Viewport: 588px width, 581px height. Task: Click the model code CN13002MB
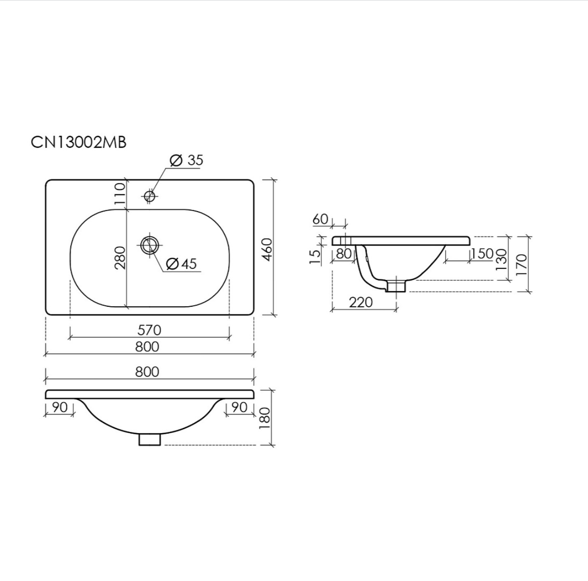[79, 143]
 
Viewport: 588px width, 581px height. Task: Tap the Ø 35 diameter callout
[186, 160]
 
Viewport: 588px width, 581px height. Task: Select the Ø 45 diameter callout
[182, 264]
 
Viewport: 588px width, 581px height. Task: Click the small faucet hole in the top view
[150, 195]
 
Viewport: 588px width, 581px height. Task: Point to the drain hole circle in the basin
[150, 245]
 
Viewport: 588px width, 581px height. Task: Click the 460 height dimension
[267, 249]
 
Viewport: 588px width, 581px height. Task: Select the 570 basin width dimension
[149, 330]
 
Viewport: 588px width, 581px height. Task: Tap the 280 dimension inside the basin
[120, 257]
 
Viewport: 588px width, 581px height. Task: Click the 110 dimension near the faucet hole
[120, 194]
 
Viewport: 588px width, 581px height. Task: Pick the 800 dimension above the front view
[147, 372]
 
